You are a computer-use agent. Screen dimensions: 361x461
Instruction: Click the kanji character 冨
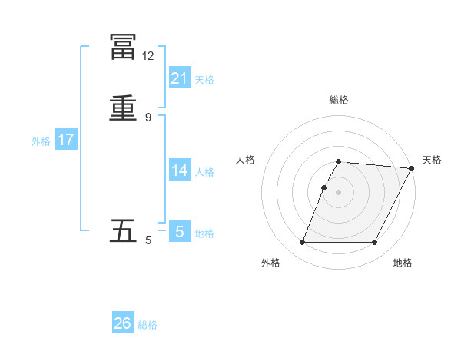tap(124, 47)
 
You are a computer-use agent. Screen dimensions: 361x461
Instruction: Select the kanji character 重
tap(124, 108)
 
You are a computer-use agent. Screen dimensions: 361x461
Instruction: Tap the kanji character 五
tap(124, 230)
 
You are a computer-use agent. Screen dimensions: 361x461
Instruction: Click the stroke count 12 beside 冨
tap(148, 56)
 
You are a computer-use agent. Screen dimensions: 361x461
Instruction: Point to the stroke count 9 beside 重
tap(148, 117)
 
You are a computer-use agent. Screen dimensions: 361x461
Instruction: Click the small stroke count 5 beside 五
tap(148, 240)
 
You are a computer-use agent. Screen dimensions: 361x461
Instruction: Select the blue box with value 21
tap(180, 78)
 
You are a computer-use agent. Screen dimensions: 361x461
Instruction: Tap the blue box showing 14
tap(180, 170)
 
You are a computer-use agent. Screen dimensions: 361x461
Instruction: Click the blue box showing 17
tap(66, 140)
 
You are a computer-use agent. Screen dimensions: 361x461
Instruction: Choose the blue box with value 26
tap(123, 323)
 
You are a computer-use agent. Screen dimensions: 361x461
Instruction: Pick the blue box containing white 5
tap(180, 231)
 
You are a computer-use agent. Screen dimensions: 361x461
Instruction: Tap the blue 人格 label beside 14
tap(204, 172)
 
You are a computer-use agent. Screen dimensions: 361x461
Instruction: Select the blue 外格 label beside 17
tap(41, 141)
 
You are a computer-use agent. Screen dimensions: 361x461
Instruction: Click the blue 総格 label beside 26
tap(148, 326)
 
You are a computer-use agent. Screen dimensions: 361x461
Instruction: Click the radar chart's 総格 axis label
tap(339, 100)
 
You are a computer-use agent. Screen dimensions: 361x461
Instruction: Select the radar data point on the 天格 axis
tap(412, 168)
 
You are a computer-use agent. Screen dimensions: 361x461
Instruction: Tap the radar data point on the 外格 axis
tap(302, 243)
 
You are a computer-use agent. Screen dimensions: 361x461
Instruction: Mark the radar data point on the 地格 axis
tap(375, 243)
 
